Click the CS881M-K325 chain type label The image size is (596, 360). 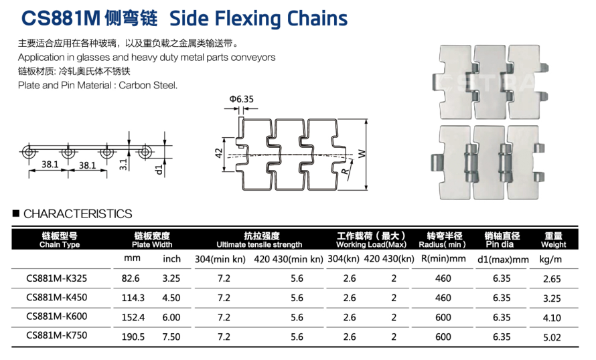coord(57,278)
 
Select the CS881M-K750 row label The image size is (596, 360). coord(57,335)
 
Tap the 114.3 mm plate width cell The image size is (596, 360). coord(133,298)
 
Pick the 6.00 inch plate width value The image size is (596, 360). coord(171,317)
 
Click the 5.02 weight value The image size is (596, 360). coord(552,337)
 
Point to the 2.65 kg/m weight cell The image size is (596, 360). coord(552,279)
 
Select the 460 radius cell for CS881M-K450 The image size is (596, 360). coord(443,298)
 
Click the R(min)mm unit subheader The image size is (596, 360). coord(443,259)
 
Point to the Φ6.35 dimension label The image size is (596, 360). coord(241,99)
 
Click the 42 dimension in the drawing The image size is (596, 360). coord(218,153)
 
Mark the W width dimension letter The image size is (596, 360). coord(362,153)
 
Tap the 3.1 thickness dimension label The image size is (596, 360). coord(123,165)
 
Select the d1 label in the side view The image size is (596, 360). coord(159,169)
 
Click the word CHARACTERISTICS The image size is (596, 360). coord(78,214)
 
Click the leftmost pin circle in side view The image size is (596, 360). coord(29,153)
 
